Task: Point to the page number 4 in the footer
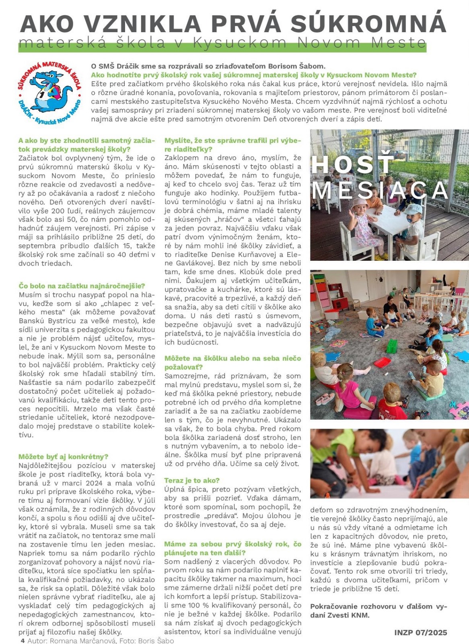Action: (x=23, y=640)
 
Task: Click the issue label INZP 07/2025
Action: (x=420, y=632)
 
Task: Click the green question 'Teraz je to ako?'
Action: (x=192, y=480)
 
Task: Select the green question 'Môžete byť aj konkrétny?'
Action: (x=63, y=456)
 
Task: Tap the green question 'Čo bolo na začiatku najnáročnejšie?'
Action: (x=82, y=286)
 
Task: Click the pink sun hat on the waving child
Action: (x=360, y=203)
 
